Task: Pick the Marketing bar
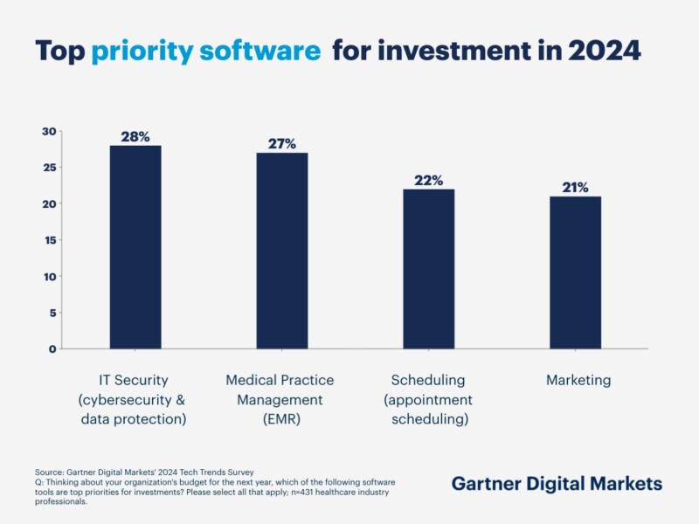coord(575,272)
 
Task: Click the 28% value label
coord(135,136)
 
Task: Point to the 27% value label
coord(281,143)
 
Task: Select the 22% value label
coord(428,180)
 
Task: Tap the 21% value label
coord(575,187)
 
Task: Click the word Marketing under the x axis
coord(578,381)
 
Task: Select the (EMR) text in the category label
coord(280,419)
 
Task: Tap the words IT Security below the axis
coord(133,381)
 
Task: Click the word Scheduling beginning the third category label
coord(428,381)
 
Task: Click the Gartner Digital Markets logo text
coord(557,484)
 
